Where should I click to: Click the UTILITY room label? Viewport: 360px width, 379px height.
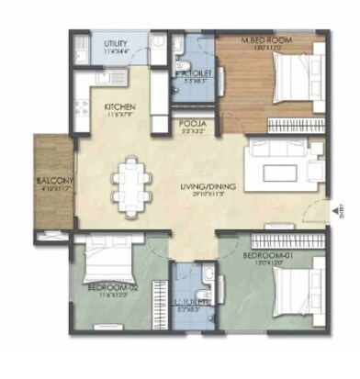(x=116, y=43)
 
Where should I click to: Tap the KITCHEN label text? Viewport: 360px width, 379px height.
(x=120, y=106)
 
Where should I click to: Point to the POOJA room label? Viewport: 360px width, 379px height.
(x=192, y=123)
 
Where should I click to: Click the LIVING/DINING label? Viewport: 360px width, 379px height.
(x=208, y=187)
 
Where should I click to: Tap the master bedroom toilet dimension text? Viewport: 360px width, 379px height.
(x=194, y=80)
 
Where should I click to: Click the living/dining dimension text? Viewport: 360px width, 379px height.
(x=208, y=195)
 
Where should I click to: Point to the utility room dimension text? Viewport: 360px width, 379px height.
(x=116, y=50)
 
